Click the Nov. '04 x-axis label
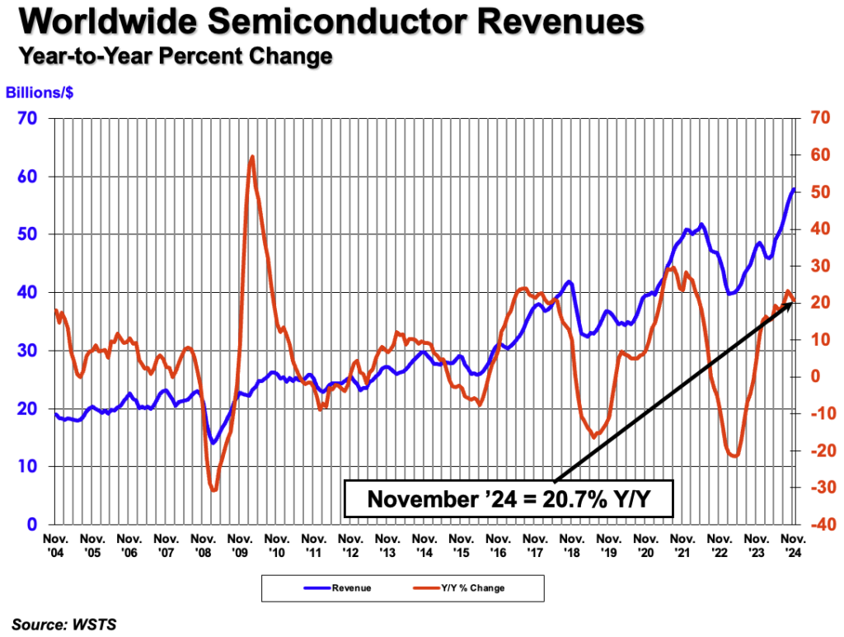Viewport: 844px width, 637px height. point(55,544)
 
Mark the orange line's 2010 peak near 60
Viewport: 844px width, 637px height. point(251,156)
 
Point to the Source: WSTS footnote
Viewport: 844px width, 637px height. point(64,625)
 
